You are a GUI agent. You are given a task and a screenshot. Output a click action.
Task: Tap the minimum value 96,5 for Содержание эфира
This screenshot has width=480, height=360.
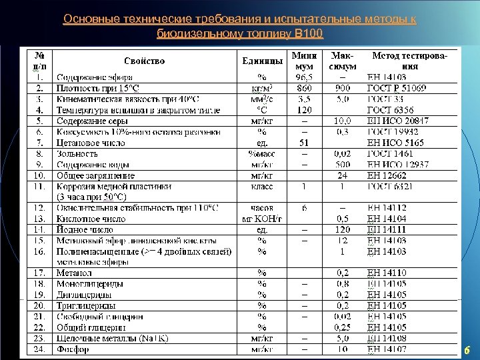(304, 77)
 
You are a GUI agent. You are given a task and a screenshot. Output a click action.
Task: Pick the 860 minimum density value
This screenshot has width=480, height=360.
(304, 87)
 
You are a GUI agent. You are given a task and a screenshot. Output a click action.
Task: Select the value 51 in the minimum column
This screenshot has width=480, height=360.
(304, 142)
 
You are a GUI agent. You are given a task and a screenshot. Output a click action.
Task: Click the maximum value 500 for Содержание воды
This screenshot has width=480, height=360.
(342, 164)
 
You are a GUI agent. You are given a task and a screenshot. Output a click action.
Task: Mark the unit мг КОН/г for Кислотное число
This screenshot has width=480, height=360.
(262, 218)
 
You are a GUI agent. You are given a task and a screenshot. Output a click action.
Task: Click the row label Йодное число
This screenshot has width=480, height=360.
(85, 229)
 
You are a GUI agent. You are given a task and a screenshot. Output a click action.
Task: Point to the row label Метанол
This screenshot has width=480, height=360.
(75, 272)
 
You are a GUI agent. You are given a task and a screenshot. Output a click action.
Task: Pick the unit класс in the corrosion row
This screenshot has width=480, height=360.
(262, 187)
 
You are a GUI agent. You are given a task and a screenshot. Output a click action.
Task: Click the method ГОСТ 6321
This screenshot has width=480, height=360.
(394, 187)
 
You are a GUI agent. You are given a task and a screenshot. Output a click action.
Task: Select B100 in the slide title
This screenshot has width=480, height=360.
(307, 33)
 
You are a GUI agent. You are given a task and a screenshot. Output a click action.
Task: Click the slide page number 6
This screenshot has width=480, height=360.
(467, 350)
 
